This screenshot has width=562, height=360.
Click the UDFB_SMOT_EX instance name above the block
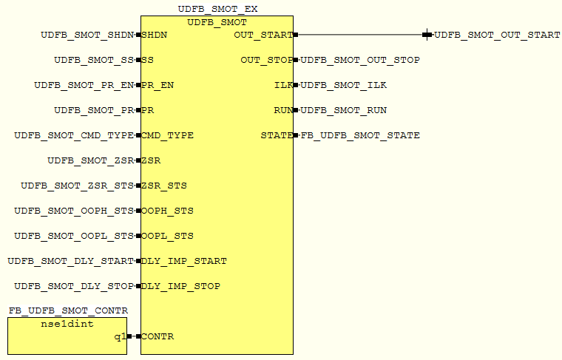[x=218, y=9]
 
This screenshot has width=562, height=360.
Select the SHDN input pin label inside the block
[x=153, y=35]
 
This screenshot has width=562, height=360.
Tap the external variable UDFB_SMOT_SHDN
[x=88, y=35]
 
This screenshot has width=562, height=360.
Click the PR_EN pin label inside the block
[x=158, y=85]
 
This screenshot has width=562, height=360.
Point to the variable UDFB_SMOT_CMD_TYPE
[x=74, y=135]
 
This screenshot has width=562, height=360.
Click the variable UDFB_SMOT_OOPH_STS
[x=74, y=211]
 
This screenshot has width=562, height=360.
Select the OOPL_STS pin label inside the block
[x=167, y=236]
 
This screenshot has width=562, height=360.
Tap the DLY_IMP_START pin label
[x=183, y=261]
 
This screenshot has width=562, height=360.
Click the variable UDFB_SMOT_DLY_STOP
[x=74, y=286]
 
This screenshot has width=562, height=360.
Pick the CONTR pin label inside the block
[x=157, y=336]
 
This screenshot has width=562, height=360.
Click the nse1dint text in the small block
[x=67, y=324]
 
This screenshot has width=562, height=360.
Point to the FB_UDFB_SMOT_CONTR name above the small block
[x=68, y=310]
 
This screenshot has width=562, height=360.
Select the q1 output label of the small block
[x=120, y=336]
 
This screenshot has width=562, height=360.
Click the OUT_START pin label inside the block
[x=263, y=35]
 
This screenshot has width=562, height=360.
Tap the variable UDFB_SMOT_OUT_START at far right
[x=497, y=35]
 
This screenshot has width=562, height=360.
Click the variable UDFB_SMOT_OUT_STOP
[x=360, y=60]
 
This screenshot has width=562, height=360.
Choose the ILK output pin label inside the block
[x=283, y=85]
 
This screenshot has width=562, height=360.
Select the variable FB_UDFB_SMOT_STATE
[x=360, y=135]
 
